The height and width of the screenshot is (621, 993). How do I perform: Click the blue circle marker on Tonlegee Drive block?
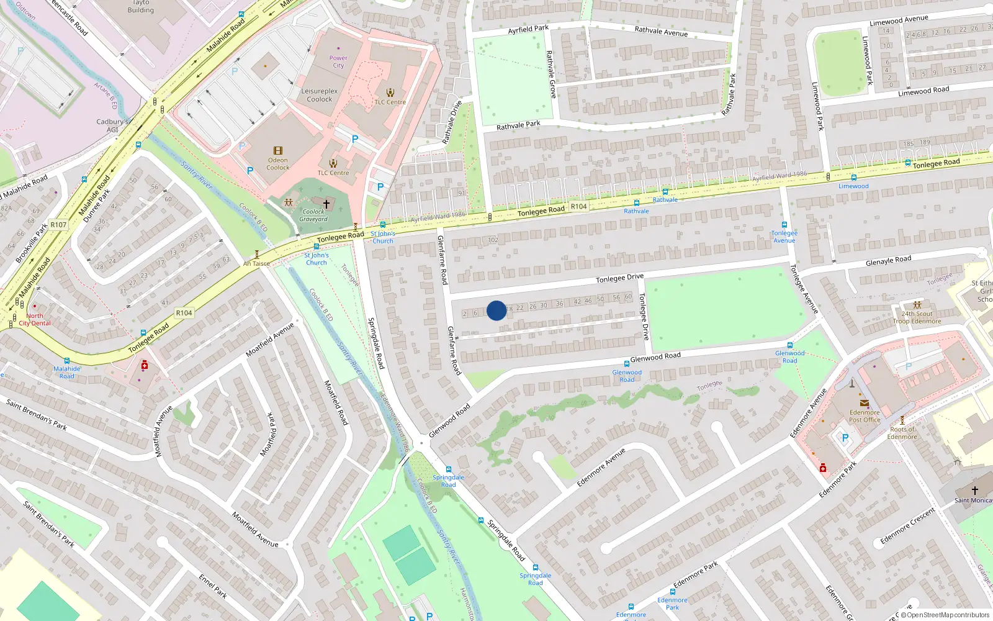496,310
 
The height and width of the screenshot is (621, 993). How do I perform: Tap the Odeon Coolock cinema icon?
278,151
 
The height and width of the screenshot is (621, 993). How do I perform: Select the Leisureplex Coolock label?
320,95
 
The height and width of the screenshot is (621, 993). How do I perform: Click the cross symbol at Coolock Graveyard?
326,204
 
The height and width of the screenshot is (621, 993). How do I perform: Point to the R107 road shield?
58,225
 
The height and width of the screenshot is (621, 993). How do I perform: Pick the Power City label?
338,61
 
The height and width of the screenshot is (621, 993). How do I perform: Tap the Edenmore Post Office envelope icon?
864,403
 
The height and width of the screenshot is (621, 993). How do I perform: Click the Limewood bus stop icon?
854,178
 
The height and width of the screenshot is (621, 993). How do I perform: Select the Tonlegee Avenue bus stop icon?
784,225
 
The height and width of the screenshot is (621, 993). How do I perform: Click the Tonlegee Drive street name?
619,278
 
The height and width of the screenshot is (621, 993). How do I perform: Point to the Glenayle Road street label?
888,260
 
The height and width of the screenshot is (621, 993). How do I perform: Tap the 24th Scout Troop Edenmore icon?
917,305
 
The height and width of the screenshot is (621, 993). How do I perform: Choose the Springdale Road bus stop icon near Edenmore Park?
536,568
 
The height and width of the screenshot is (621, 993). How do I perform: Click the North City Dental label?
35,319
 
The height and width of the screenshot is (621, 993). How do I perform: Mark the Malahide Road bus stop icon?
66,361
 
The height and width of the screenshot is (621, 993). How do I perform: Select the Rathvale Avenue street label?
661,31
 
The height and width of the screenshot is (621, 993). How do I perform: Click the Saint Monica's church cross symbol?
974,491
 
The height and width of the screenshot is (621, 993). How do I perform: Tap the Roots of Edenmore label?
902,433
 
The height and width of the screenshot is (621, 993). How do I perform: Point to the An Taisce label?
256,263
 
